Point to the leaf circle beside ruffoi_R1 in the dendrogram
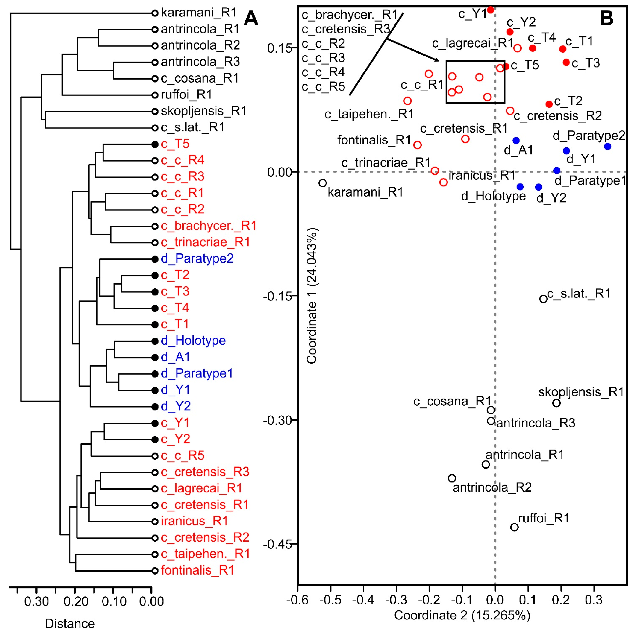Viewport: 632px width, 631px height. click(x=155, y=95)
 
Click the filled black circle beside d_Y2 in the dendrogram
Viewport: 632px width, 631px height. click(x=155, y=406)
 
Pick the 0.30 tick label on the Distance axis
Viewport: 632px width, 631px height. click(x=36, y=602)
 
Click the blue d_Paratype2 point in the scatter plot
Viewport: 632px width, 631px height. click(x=608, y=146)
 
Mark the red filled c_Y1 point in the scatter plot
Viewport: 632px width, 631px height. click(x=490, y=10)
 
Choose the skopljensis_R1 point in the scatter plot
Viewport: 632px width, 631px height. click(x=556, y=403)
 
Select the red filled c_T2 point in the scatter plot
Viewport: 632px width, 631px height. click(x=549, y=104)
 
